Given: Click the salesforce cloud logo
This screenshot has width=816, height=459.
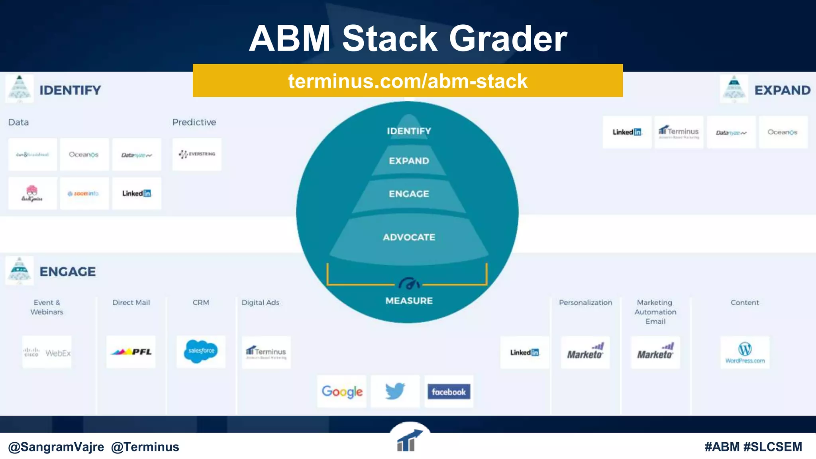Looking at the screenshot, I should point(201,351).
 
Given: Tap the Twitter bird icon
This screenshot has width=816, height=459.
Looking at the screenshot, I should point(395,391).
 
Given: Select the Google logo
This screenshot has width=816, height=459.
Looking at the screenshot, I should point(342,391).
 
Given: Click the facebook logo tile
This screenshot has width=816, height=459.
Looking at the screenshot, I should point(449,392).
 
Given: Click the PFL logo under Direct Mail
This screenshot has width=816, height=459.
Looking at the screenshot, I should point(131,352).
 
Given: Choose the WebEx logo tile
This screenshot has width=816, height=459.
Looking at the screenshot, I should point(47,353).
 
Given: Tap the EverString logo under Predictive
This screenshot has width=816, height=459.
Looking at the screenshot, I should point(197,154).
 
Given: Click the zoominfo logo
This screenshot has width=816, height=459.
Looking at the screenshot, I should point(84,194).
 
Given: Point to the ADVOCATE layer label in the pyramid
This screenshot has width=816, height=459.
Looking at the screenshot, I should point(409,237).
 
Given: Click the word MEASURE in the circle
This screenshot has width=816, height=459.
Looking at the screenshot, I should point(409,301).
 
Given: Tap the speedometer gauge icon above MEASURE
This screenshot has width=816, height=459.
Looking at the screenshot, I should point(409,284).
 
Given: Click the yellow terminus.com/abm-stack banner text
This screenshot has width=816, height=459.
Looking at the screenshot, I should point(408,81).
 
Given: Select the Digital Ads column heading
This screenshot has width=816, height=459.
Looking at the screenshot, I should point(260,302).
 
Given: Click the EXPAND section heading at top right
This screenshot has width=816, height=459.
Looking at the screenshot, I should point(782,90).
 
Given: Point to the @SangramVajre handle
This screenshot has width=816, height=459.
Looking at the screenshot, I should point(56,447).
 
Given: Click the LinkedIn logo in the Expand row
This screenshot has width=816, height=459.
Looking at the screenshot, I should point(627,132).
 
